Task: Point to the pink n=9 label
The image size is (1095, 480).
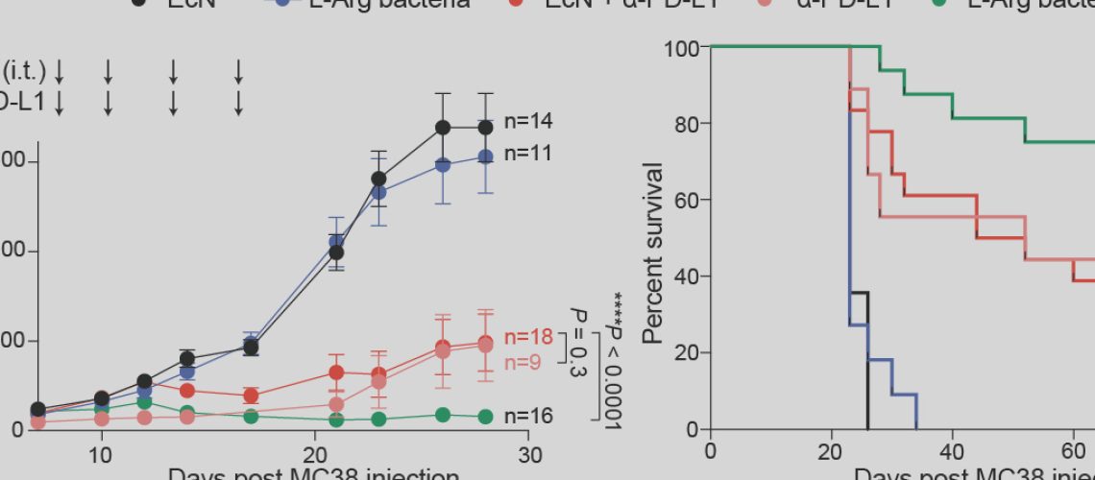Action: [x=524, y=363]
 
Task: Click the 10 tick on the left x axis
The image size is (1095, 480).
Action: [x=102, y=455]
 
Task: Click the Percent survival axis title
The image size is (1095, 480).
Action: [x=654, y=253]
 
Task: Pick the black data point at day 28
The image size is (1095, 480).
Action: [x=486, y=127]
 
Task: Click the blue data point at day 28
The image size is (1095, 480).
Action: [x=486, y=156]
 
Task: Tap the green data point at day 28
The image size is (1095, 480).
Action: [x=486, y=417]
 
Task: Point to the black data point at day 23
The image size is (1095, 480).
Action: [x=378, y=179]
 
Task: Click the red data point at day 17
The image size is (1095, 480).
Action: [x=251, y=395]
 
